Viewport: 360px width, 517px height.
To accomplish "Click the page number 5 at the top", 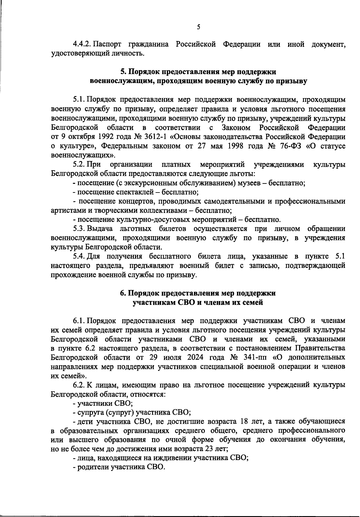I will coord(198,27).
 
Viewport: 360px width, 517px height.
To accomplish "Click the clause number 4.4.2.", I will coord(82,45).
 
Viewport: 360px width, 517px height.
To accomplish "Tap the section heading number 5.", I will coord(123,72).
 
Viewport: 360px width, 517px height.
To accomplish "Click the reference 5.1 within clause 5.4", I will coord(339,256).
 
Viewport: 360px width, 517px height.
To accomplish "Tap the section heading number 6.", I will coord(123,293).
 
